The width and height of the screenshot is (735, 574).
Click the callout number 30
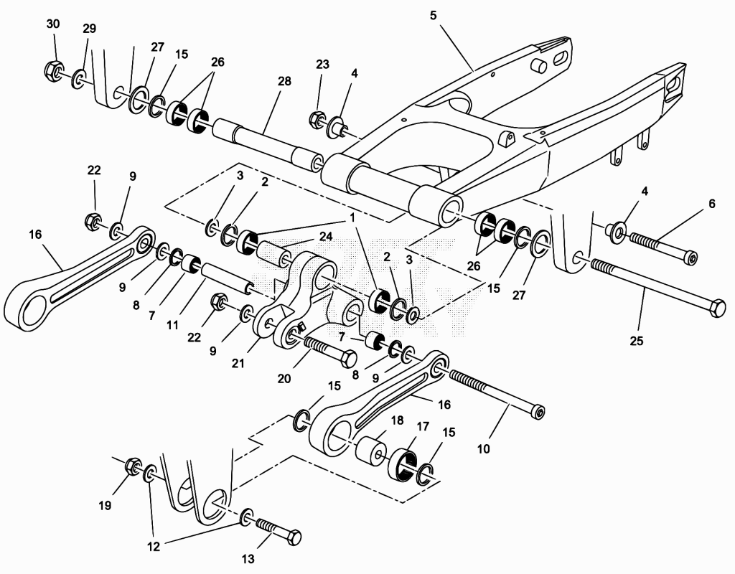point(53,24)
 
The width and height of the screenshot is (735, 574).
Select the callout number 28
point(284,81)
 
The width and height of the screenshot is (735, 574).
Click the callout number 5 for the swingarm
point(433,16)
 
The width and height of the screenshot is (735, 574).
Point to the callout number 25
point(636,341)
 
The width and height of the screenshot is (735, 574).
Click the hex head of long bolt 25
point(717,309)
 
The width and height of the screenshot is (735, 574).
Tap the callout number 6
point(711,203)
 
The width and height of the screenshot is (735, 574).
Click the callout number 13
point(248,558)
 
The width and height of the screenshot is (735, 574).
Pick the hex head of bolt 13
point(293,537)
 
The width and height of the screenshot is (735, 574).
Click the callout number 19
point(105,506)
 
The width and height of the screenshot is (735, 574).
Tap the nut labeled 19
point(133,465)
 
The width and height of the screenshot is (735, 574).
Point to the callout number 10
point(483,448)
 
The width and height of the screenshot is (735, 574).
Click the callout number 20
point(284,378)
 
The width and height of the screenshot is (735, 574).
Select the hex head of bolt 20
point(348,359)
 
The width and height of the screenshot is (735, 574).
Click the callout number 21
point(238,363)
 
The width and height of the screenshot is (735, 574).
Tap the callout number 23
point(322,64)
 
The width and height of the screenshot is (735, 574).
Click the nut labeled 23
point(317,119)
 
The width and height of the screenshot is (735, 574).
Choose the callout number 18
point(397,420)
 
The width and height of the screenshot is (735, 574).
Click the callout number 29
point(89,29)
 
